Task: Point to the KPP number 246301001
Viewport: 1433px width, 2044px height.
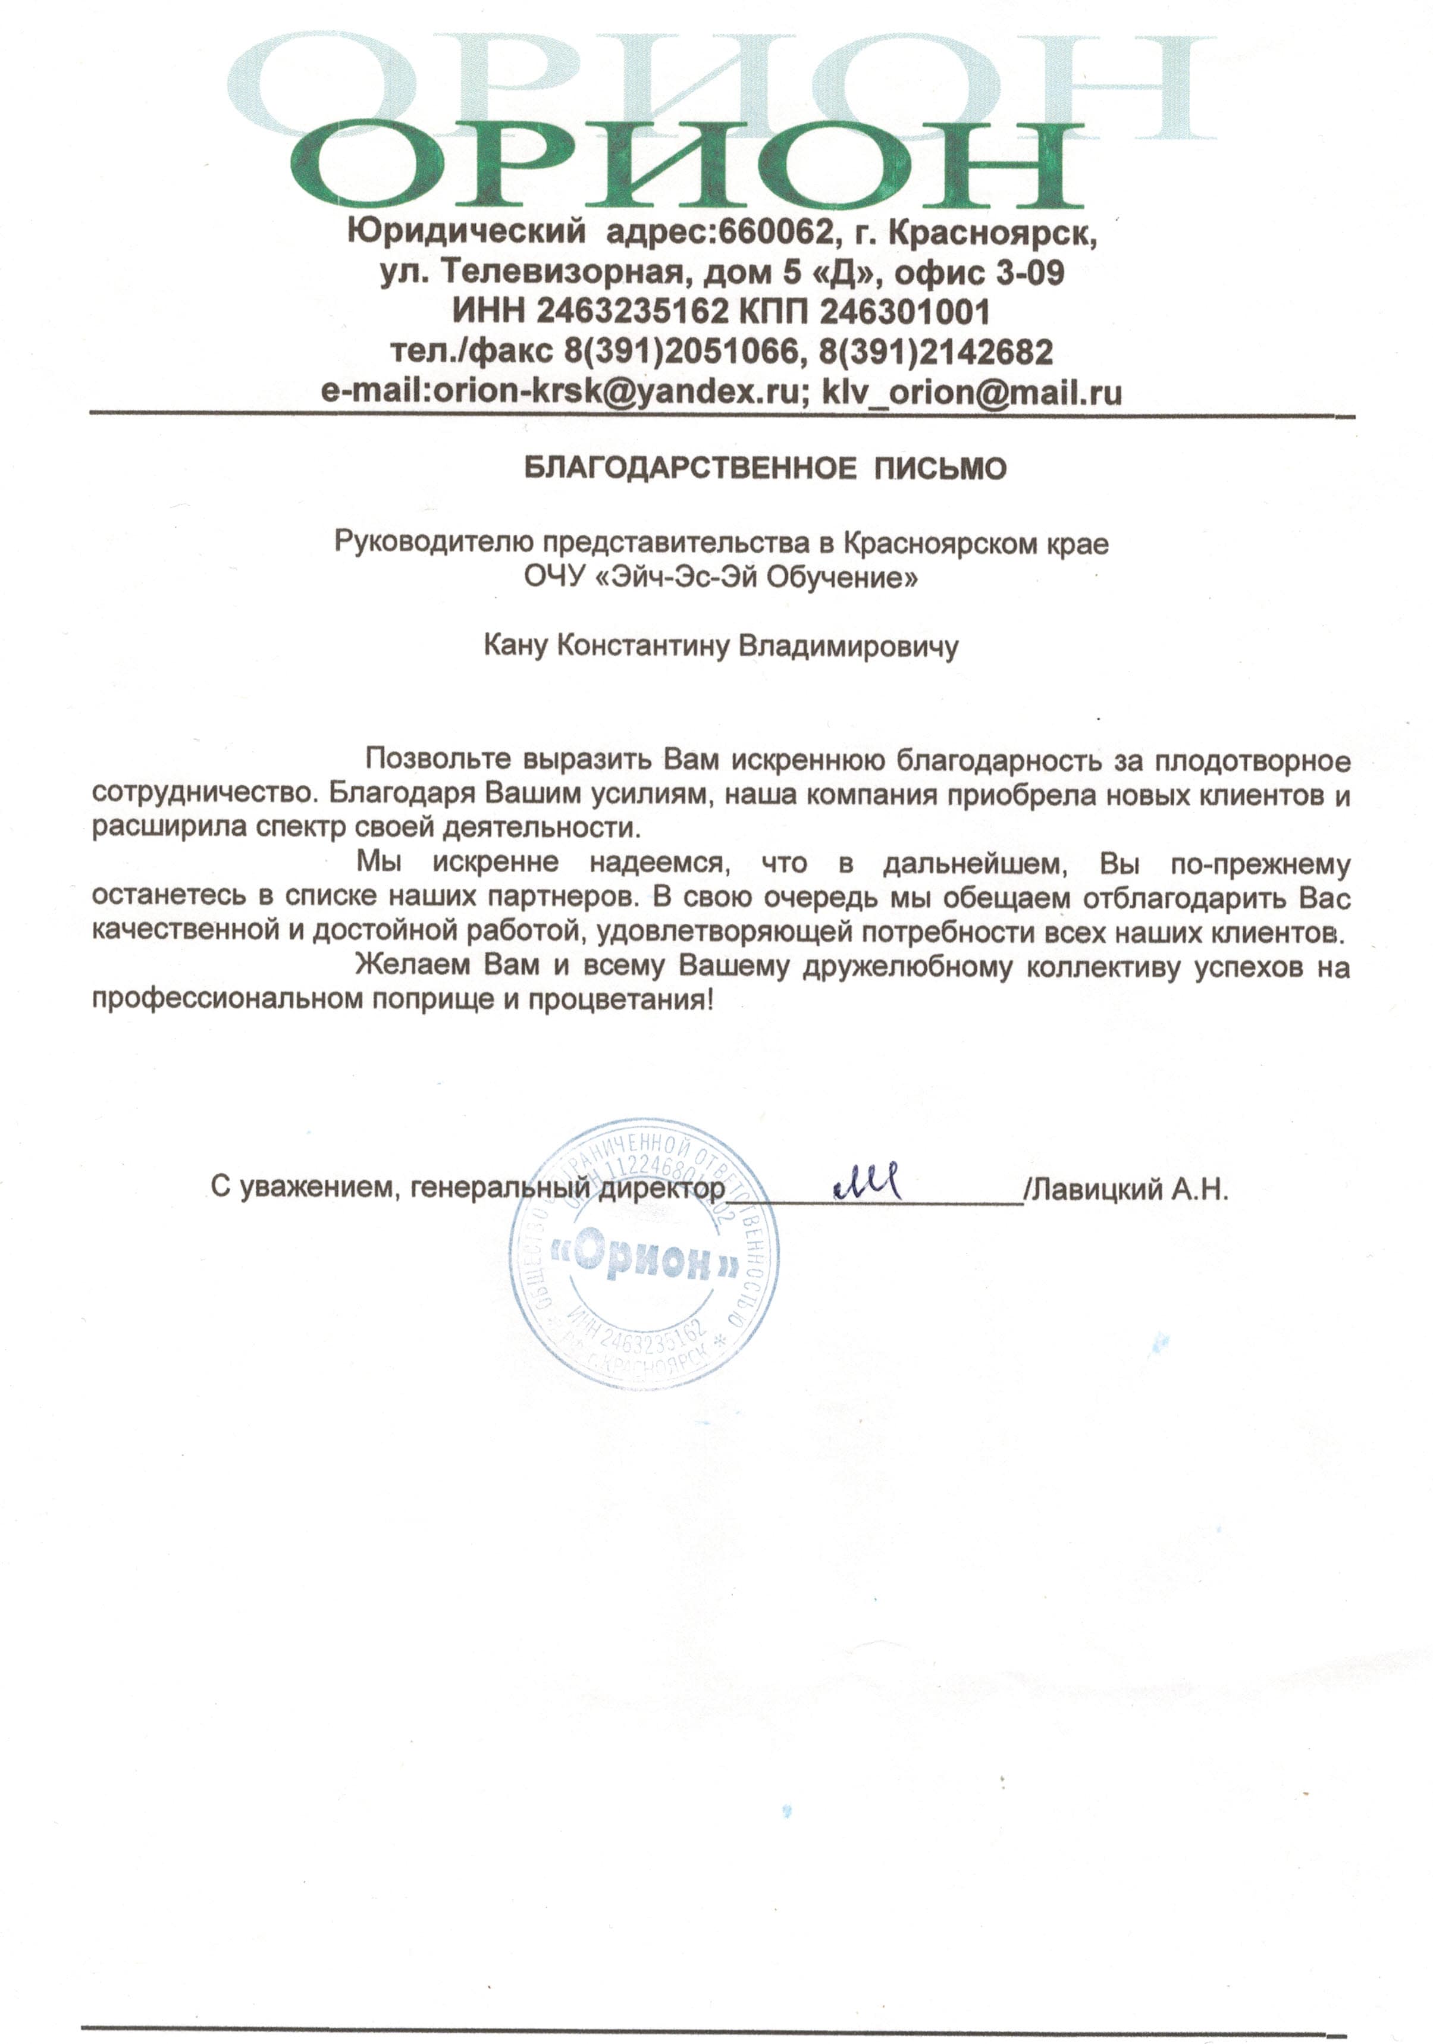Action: pyautogui.click(x=904, y=312)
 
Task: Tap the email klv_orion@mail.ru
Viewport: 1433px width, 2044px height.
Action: pyautogui.click(x=971, y=391)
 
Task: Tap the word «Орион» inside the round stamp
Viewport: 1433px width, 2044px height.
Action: pyautogui.click(x=645, y=1258)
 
